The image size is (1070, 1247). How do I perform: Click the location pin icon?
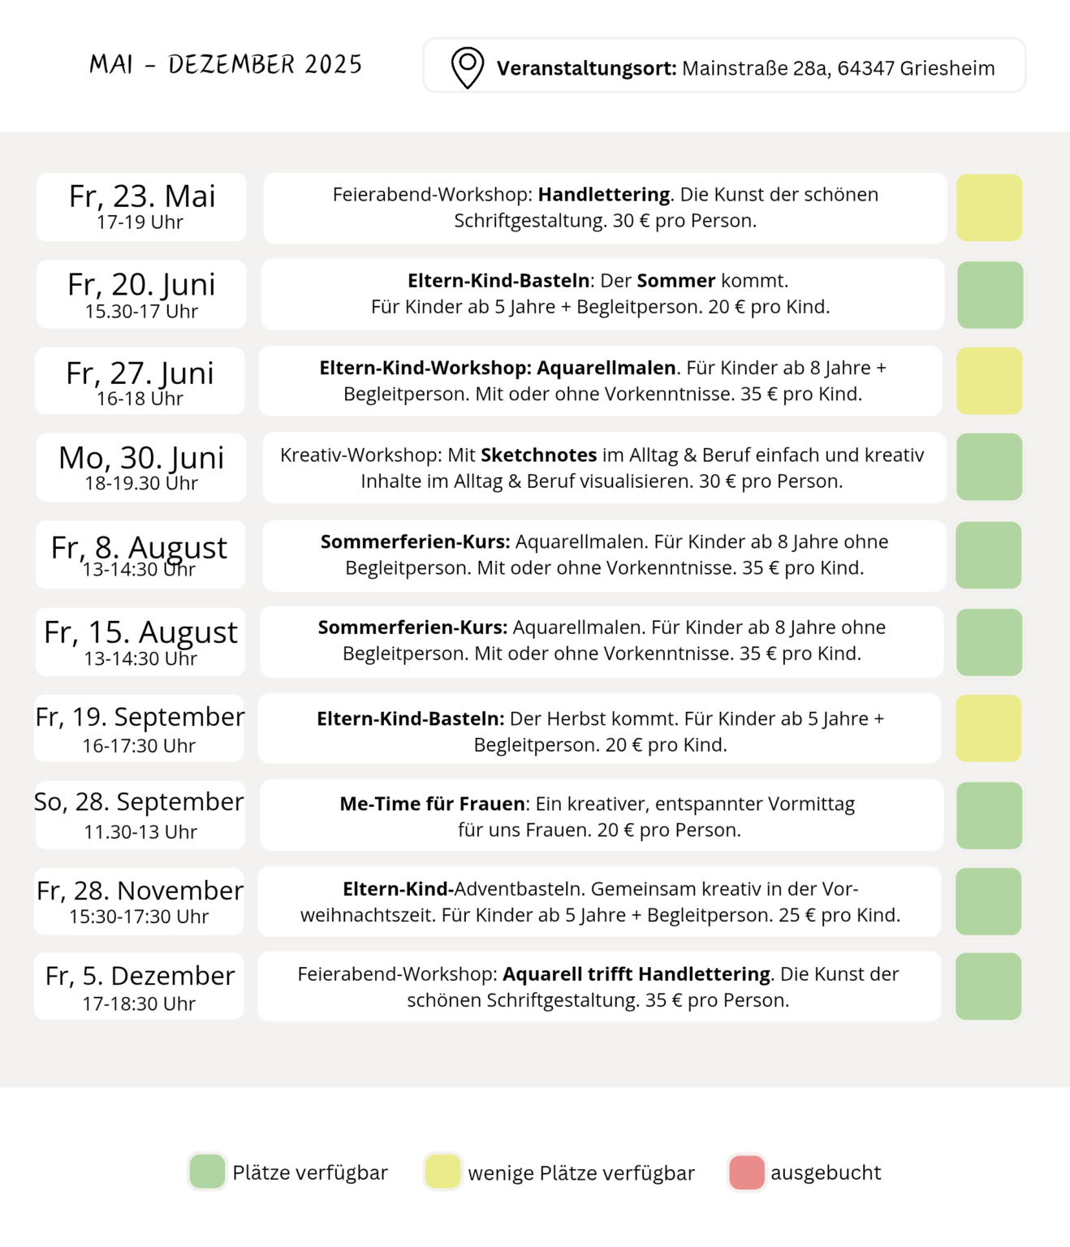click(468, 67)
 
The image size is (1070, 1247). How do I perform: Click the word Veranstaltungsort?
click(586, 68)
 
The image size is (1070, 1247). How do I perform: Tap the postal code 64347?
click(865, 68)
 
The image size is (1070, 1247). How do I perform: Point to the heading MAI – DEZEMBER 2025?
click(226, 65)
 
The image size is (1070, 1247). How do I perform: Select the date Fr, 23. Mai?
click(142, 196)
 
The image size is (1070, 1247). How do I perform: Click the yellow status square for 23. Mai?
click(989, 208)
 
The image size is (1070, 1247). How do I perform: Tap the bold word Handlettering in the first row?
click(604, 195)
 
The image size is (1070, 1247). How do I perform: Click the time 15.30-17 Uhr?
click(141, 312)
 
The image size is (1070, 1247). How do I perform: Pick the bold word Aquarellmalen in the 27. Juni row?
click(606, 368)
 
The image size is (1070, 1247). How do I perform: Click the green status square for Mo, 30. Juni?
click(989, 467)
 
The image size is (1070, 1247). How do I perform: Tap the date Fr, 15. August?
click(141, 632)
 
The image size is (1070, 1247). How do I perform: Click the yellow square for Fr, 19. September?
click(988, 728)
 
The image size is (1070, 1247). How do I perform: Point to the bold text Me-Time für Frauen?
click(433, 804)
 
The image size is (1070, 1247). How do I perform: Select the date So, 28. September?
click(139, 802)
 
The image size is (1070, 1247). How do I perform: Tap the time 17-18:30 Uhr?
click(139, 1004)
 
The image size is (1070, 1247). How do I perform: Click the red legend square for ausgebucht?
click(747, 1172)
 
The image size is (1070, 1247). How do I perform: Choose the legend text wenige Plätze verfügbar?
click(581, 1173)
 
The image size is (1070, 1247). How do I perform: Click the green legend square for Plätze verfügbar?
click(207, 1172)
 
